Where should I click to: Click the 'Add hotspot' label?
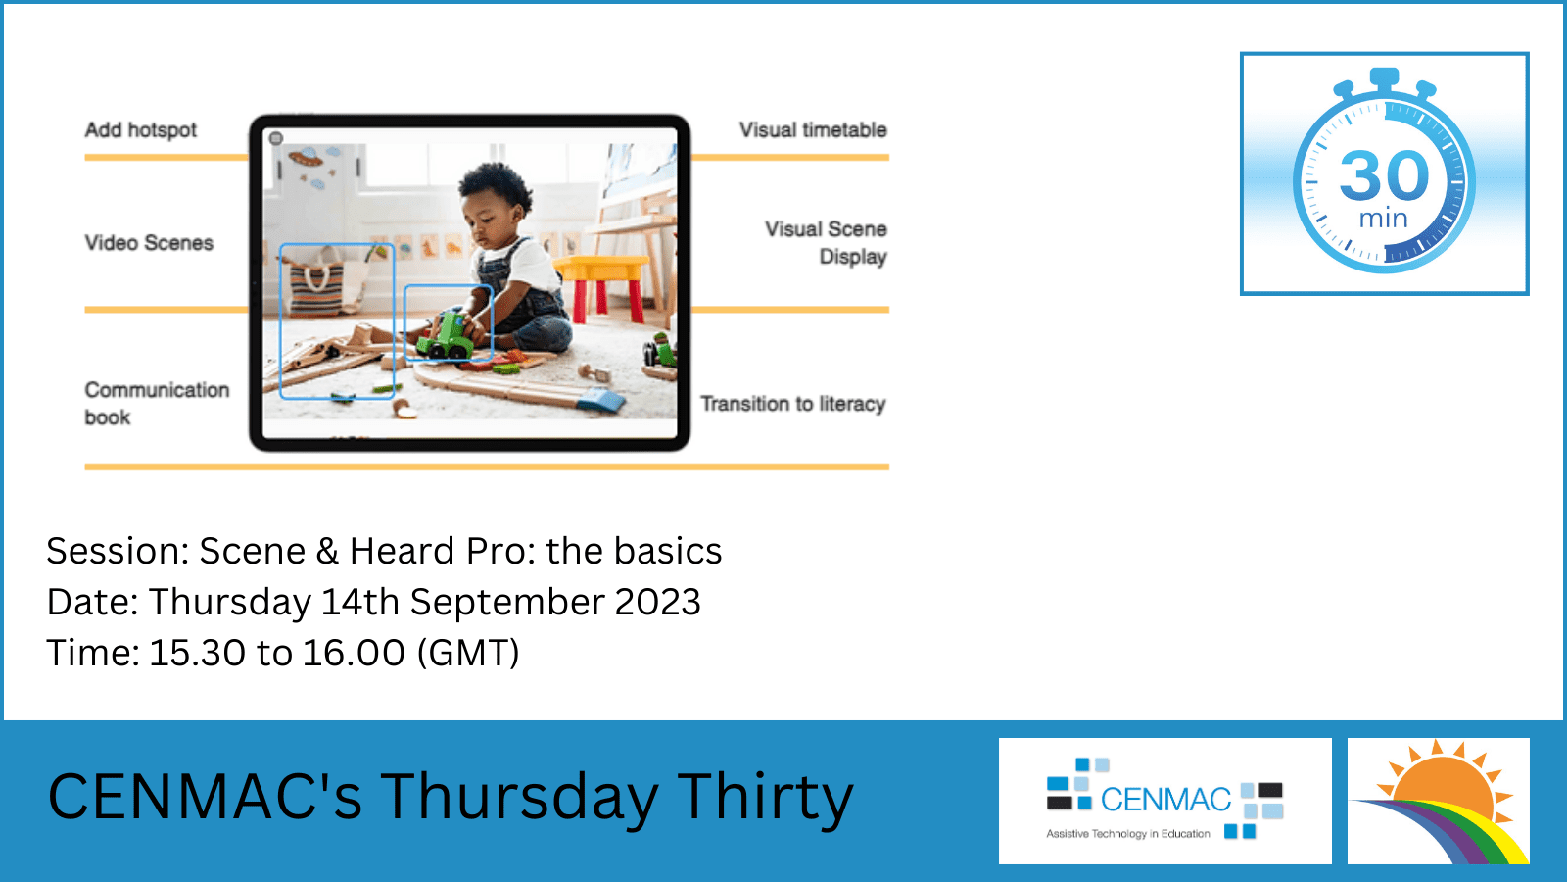tap(141, 130)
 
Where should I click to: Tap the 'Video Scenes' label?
tap(149, 243)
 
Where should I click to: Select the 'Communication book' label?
tap(157, 403)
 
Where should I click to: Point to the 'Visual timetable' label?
tap(813, 130)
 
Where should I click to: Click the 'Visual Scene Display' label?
tap(826, 243)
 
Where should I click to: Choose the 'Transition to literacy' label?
tap(793, 404)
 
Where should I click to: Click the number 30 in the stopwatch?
tap(1385, 175)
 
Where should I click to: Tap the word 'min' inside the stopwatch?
tap(1383, 219)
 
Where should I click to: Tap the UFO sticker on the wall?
tap(306, 157)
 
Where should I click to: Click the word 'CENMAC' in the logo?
tap(1165, 800)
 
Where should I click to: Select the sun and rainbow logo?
tap(1439, 801)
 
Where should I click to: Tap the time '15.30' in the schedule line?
tap(197, 653)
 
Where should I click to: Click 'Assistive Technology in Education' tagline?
tap(1127, 834)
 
